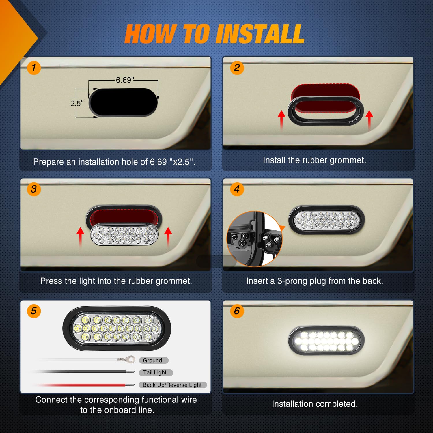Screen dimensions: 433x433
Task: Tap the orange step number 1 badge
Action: pos(34,68)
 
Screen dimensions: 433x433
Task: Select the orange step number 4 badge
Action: pos(237,189)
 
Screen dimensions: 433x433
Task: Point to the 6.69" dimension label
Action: pos(125,80)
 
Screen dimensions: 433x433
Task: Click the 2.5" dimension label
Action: pos(77,103)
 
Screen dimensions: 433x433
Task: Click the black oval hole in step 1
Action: pos(124,102)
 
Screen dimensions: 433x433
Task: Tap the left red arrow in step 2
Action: pos(281,120)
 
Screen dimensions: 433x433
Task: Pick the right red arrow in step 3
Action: pos(168,237)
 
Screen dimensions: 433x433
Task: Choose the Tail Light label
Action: pos(155,372)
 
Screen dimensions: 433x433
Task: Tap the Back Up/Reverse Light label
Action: pos(172,385)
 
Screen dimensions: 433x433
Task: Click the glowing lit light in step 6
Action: pos(326,341)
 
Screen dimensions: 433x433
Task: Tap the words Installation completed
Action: pos(315,404)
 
